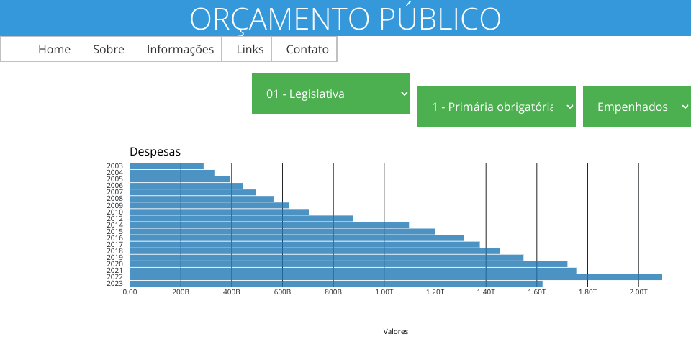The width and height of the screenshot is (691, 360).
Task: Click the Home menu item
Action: (x=54, y=50)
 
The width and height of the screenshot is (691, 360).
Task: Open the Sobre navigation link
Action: (x=109, y=50)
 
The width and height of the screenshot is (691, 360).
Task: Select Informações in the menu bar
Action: (x=180, y=50)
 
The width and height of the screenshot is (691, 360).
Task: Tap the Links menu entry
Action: (x=250, y=50)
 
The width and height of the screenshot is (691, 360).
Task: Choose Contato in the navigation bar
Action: (x=307, y=50)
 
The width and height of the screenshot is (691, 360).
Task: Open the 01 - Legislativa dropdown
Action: (x=331, y=94)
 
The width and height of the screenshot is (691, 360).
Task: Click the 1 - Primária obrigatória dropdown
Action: (x=497, y=107)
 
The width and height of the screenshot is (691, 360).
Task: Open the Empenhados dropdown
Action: (x=637, y=107)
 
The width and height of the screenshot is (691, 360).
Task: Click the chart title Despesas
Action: (x=155, y=151)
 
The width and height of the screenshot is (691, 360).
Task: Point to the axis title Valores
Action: (x=396, y=332)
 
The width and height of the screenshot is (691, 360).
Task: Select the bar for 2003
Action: (x=166, y=166)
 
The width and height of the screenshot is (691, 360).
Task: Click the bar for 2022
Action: (x=396, y=277)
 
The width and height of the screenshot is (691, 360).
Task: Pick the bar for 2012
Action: (x=241, y=218)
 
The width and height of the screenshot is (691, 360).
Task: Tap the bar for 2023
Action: (x=336, y=284)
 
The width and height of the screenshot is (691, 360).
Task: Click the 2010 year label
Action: (x=114, y=212)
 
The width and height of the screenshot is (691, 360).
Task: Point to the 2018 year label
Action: (x=114, y=251)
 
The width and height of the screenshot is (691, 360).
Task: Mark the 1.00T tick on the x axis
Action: (x=384, y=292)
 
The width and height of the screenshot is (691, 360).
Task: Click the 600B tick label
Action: (x=282, y=292)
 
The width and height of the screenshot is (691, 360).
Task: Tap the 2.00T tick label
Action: (x=638, y=292)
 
